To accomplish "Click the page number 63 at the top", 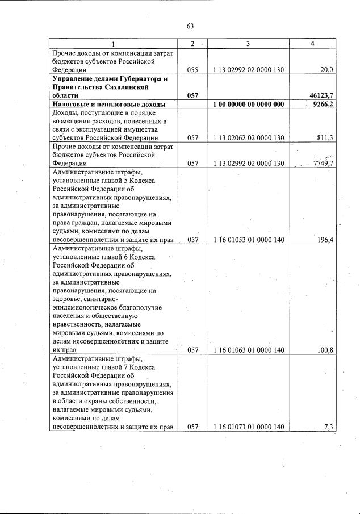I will [190, 26].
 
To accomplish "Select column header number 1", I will [112, 44].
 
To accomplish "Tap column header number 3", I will [248, 44].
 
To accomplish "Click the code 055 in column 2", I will [192, 69].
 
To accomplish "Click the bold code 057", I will [192, 96].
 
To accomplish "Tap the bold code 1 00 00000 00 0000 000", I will [248, 105].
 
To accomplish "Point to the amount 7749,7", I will [322, 164].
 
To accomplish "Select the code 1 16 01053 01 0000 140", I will [248, 240].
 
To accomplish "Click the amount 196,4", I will [324, 240].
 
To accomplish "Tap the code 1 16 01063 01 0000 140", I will [248, 350].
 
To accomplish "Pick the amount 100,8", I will [324, 350].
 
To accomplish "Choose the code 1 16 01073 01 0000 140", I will [248, 427].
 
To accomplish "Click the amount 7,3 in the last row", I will [328, 427].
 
